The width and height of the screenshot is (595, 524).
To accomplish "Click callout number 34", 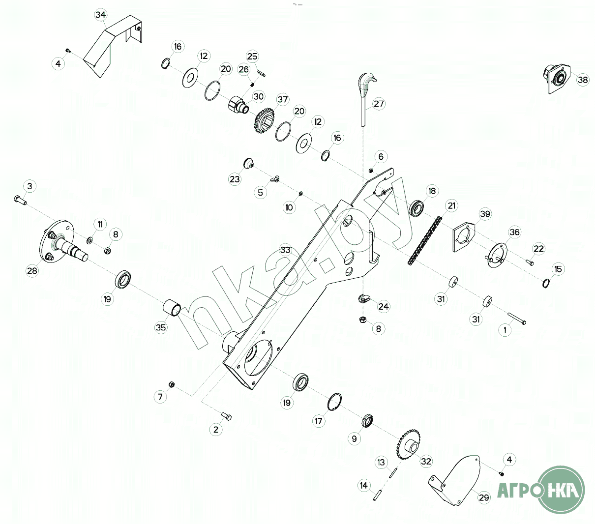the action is tap(100, 15).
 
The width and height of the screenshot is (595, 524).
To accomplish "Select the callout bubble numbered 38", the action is tap(583, 80).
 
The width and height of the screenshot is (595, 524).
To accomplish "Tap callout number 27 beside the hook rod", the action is tap(379, 104).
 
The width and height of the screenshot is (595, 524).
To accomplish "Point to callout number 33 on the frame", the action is tap(285, 250).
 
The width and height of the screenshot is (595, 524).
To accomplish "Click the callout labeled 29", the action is tap(484, 497).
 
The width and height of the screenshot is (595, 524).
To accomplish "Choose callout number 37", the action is tap(283, 99).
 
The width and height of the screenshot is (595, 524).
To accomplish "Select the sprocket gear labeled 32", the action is tap(409, 445).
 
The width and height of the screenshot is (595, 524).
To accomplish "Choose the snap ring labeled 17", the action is tap(335, 401).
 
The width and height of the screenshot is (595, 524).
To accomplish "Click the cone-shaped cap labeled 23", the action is tap(249, 163).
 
